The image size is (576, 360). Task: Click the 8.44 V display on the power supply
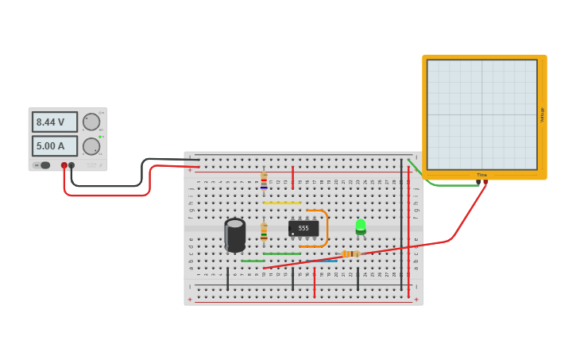coord(54,122)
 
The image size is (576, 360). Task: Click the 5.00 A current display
coord(54,146)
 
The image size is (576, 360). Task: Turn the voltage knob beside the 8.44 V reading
coord(91,122)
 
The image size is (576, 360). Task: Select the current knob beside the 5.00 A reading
coord(91,146)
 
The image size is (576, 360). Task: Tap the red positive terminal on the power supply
coord(64,165)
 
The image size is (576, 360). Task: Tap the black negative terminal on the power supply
coord(72,165)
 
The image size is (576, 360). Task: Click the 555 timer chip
coord(303,228)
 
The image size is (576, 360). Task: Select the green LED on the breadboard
coord(361,226)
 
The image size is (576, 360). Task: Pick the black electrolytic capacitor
coord(235,235)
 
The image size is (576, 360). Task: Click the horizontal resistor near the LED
coord(350,254)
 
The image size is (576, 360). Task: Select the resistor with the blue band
coord(264,182)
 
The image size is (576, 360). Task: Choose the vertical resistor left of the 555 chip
coord(264,231)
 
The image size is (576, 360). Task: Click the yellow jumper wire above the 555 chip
coord(281,203)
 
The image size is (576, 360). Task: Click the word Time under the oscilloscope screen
coord(481,175)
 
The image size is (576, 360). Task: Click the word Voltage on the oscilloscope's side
coord(543,114)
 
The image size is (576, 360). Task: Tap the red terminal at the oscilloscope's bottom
coord(485,182)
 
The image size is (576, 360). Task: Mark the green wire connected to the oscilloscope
coord(453,185)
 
